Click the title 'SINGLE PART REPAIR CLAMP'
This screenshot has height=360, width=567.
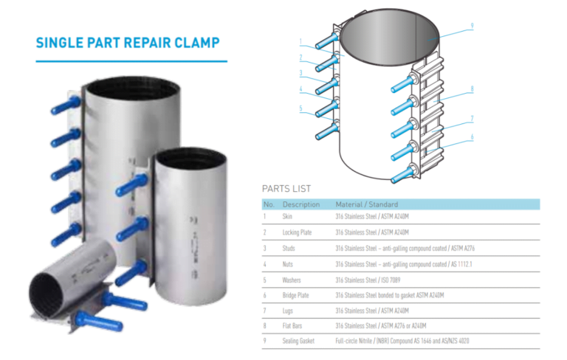[x=128, y=43]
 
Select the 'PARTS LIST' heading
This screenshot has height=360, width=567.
[x=286, y=189]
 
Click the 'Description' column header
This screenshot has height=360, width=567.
[x=301, y=204]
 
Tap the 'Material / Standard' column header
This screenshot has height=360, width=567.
[x=366, y=204]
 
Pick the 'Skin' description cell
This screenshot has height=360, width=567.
[x=287, y=217]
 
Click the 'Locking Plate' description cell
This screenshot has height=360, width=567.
[x=297, y=232]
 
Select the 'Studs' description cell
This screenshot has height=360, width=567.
[x=289, y=248]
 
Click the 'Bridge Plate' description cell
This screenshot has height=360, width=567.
[x=296, y=295]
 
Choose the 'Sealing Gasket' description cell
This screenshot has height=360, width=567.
[x=299, y=341]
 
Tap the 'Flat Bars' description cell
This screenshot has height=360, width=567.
[x=293, y=325]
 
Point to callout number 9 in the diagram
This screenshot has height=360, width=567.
[x=471, y=27]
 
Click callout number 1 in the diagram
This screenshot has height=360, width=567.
[x=301, y=41]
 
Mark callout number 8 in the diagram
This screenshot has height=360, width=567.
[x=471, y=89]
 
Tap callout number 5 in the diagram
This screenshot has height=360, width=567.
[x=301, y=108]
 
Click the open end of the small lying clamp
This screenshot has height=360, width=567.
[x=44, y=292]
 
